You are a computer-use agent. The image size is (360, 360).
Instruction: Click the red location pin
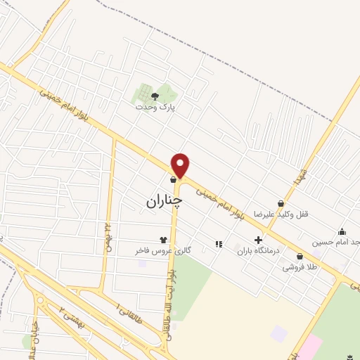pos(181,165)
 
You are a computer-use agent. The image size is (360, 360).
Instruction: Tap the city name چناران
pos(165,200)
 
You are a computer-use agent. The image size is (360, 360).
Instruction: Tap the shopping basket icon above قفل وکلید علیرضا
pos(281,204)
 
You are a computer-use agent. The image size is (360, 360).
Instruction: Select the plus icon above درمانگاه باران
pos(258,240)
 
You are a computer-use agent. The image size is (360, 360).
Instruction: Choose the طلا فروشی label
pos(299,267)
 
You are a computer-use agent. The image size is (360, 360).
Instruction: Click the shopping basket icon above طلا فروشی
pos(300,257)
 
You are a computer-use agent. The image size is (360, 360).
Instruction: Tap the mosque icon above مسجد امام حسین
pos(342,232)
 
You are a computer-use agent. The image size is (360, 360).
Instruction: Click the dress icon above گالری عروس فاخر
pos(164,240)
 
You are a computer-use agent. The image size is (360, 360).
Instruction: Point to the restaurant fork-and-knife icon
pos(219,244)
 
